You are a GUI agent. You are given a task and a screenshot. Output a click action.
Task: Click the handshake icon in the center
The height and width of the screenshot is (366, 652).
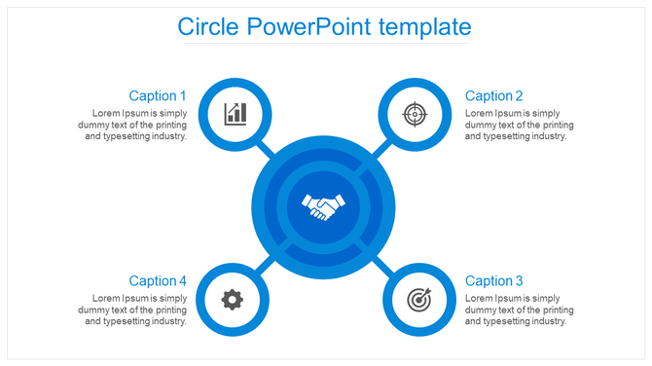(x=324, y=206)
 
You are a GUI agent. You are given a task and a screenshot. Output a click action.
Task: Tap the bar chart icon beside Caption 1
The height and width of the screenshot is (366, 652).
(x=235, y=114)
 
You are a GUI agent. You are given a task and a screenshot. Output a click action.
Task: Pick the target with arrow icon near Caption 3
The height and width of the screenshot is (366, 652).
(x=416, y=299)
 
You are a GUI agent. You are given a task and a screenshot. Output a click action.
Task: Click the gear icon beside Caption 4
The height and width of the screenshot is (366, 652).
(x=232, y=299)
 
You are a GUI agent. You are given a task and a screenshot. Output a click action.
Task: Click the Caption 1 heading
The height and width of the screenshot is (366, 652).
(x=158, y=95)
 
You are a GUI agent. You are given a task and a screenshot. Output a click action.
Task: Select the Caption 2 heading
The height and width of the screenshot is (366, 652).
(x=494, y=95)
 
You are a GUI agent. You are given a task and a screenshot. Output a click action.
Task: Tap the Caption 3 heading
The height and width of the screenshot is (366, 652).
(x=494, y=280)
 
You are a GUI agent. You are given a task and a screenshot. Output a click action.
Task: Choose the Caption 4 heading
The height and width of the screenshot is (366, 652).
(x=158, y=280)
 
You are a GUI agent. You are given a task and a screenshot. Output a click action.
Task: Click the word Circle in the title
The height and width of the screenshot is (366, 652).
(x=208, y=26)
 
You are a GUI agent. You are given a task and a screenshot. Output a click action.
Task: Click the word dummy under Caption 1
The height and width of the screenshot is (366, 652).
(x=108, y=125)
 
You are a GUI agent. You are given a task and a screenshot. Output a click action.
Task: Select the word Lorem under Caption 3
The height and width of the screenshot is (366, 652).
(x=479, y=298)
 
